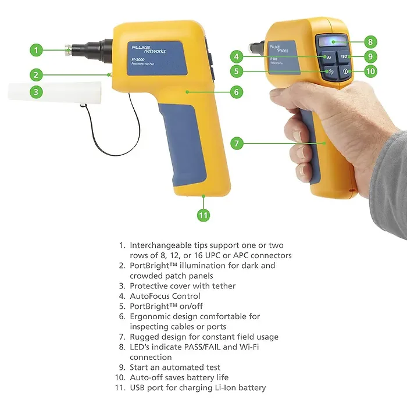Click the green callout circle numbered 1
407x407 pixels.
37,50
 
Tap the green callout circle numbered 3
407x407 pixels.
37,91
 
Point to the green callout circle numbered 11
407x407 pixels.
203,215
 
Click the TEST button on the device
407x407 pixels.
344,57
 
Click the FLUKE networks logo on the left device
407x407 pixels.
147,47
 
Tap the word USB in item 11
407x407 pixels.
138,388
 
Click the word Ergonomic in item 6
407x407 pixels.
150,316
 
